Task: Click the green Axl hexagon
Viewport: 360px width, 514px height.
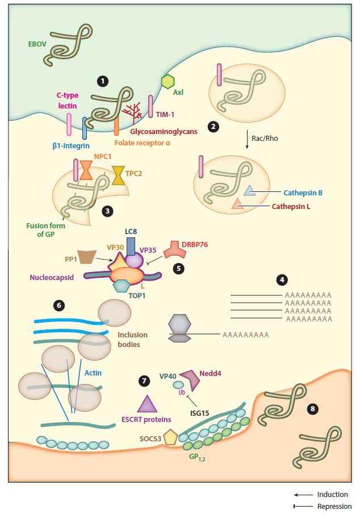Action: [168, 81]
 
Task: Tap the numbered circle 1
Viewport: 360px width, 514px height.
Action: [102, 81]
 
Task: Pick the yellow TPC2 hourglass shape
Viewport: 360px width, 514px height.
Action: [119, 175]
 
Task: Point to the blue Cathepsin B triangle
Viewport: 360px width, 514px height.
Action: [249, 191]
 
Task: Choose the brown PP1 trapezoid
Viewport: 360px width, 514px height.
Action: [87, 257]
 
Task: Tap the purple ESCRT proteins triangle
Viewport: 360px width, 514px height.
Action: [147, 405]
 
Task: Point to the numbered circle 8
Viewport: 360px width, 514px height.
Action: [312, 409]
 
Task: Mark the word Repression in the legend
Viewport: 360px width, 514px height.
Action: [334, 507]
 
